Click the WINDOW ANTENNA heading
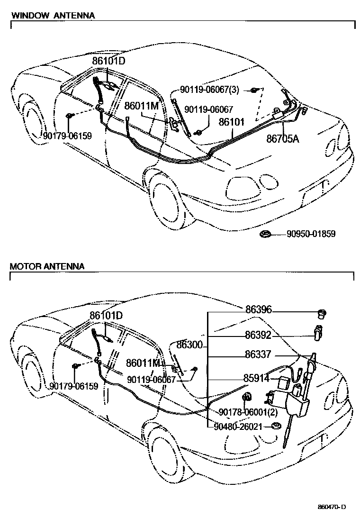click(x=53, y=15)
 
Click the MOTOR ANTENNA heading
click(x=47, y=266)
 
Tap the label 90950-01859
click(x=311, y=234)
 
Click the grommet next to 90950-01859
click(x=266, y=234)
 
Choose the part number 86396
click(x=258, y=310)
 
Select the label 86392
click(x=258, y=336)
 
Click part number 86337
click(x=258, y=354)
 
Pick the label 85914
click(x=256, y=379)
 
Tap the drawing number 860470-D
click(x=332, y=507)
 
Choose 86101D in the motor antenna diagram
click(x=107, y=315)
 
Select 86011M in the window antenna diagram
click(x=141, y=106)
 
